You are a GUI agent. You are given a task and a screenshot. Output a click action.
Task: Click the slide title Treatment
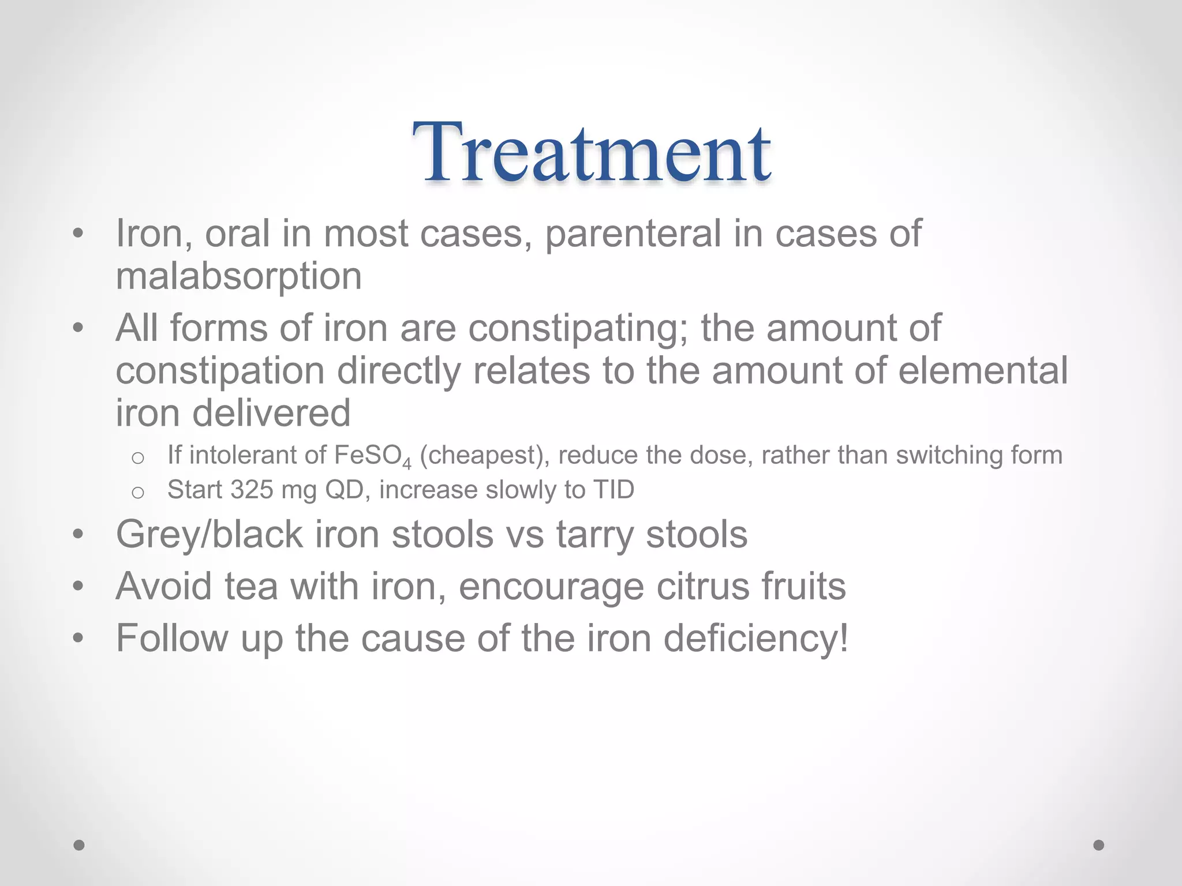coord(591,153)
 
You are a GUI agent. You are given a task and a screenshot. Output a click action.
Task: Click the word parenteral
coord(633,234)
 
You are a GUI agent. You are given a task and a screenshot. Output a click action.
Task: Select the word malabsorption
coord(238,277)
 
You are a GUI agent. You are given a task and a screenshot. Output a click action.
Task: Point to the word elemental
coord(983,370)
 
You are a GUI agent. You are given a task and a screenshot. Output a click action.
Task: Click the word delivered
coord(271,413)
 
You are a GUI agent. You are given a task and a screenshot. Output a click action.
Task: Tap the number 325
coord(252,490)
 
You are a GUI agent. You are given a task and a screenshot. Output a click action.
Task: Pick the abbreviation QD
coord(345,490)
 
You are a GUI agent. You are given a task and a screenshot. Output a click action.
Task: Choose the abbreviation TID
coord(614,490)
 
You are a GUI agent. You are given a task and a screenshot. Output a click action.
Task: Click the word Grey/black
coord(209,535)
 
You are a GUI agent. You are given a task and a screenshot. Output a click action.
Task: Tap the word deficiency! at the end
coord(756,639)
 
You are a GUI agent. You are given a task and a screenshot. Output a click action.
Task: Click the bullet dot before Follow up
coord(78,639)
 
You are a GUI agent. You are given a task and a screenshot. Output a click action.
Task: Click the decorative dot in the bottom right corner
coord(1099,845)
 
